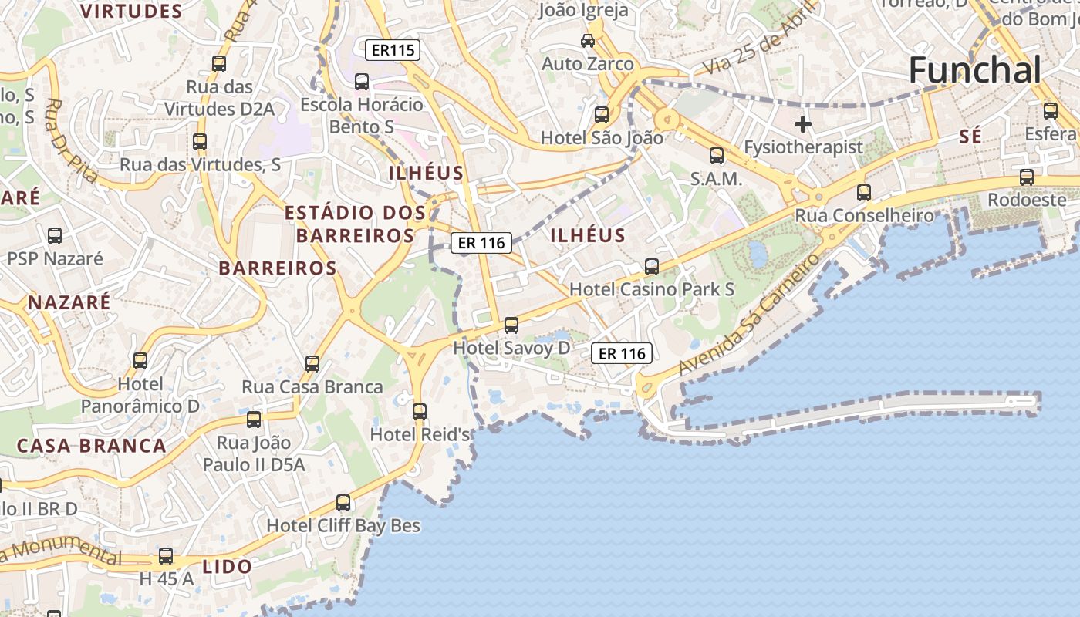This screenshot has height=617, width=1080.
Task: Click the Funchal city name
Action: click(975, 70)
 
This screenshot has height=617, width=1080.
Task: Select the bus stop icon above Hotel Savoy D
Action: click(511, 325)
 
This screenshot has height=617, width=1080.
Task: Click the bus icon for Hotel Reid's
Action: click(420, 412)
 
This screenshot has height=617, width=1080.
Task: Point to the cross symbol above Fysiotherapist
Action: click(803, 123)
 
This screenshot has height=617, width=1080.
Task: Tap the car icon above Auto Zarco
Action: click(588, 40)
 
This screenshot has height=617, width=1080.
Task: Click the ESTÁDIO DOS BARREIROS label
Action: click(355, 224)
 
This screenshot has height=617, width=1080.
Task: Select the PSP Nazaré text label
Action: click(55, 258)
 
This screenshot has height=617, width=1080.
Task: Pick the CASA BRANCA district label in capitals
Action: click(91, 446)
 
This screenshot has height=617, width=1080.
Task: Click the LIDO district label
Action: click(228, 567)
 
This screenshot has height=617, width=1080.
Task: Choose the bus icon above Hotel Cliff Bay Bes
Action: click(343, 503)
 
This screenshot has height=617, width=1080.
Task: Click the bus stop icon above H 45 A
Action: click(166, 556)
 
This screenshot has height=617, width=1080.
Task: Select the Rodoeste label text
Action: click(1027, 199)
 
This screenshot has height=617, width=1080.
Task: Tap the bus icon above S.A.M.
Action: click(717, 156)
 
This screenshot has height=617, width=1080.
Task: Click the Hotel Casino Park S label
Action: click(652, 289)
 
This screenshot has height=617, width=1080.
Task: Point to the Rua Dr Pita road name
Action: click(71, 141)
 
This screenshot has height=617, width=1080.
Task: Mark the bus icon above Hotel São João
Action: click(602, 115)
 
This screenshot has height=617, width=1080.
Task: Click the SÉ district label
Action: click(970, 137)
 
